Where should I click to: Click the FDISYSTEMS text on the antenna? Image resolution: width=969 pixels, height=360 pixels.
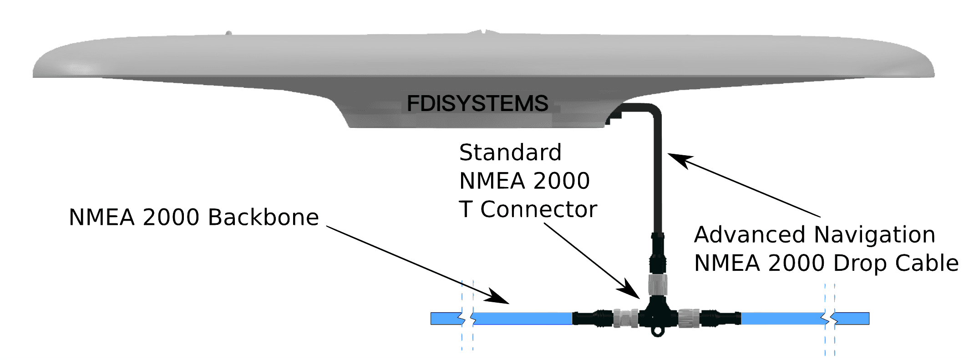point(477,103)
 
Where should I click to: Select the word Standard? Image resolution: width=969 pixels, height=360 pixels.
point(510,152)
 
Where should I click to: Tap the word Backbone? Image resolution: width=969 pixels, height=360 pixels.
point(264,217)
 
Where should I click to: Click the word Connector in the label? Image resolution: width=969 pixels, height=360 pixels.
point(538,209)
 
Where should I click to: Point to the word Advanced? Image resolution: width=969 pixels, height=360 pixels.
point(749,235)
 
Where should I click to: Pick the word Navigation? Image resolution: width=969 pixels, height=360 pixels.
point(874,235)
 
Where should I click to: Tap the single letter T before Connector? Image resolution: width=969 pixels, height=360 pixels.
point(466,209)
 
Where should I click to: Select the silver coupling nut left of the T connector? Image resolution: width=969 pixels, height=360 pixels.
point(625,318)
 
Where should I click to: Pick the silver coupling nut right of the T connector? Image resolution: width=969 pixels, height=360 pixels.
point(688,318)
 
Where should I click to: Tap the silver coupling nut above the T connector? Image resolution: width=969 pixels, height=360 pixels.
point(657,284)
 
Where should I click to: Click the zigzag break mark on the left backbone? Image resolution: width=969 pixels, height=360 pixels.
point(468,319)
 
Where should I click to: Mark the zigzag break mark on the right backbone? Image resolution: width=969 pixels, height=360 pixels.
point(830,319)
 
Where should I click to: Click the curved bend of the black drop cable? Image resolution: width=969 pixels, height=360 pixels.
point(652,111)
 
